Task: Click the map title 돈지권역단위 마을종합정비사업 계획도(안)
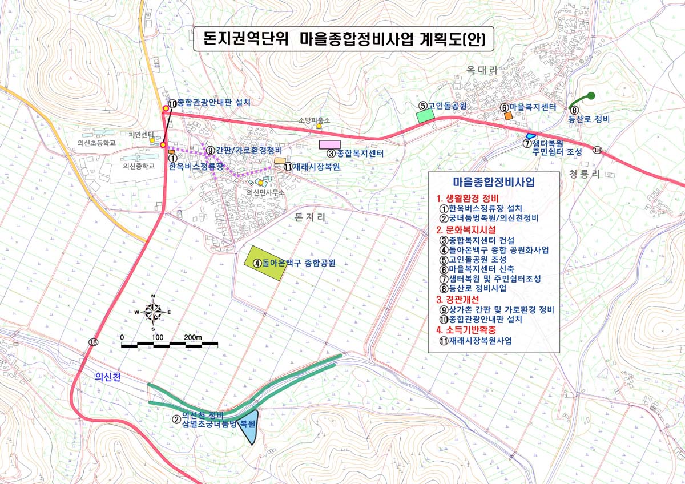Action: point(342,39)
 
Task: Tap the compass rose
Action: point(153,312)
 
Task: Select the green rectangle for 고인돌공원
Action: point(425,116)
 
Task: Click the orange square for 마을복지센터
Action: point(508,115)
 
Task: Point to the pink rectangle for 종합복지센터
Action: point(330,144)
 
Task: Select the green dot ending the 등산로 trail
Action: point(591,95)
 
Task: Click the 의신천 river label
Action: point(108,377)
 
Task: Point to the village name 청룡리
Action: point(584,174)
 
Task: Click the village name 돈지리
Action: point(311,217)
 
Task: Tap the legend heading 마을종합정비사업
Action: point(494,183)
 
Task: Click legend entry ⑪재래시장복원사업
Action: point(476,341)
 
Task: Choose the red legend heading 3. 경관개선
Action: point(458,299)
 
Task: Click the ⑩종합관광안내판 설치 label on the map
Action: point(209,103)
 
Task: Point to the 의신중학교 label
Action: point(139,166)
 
